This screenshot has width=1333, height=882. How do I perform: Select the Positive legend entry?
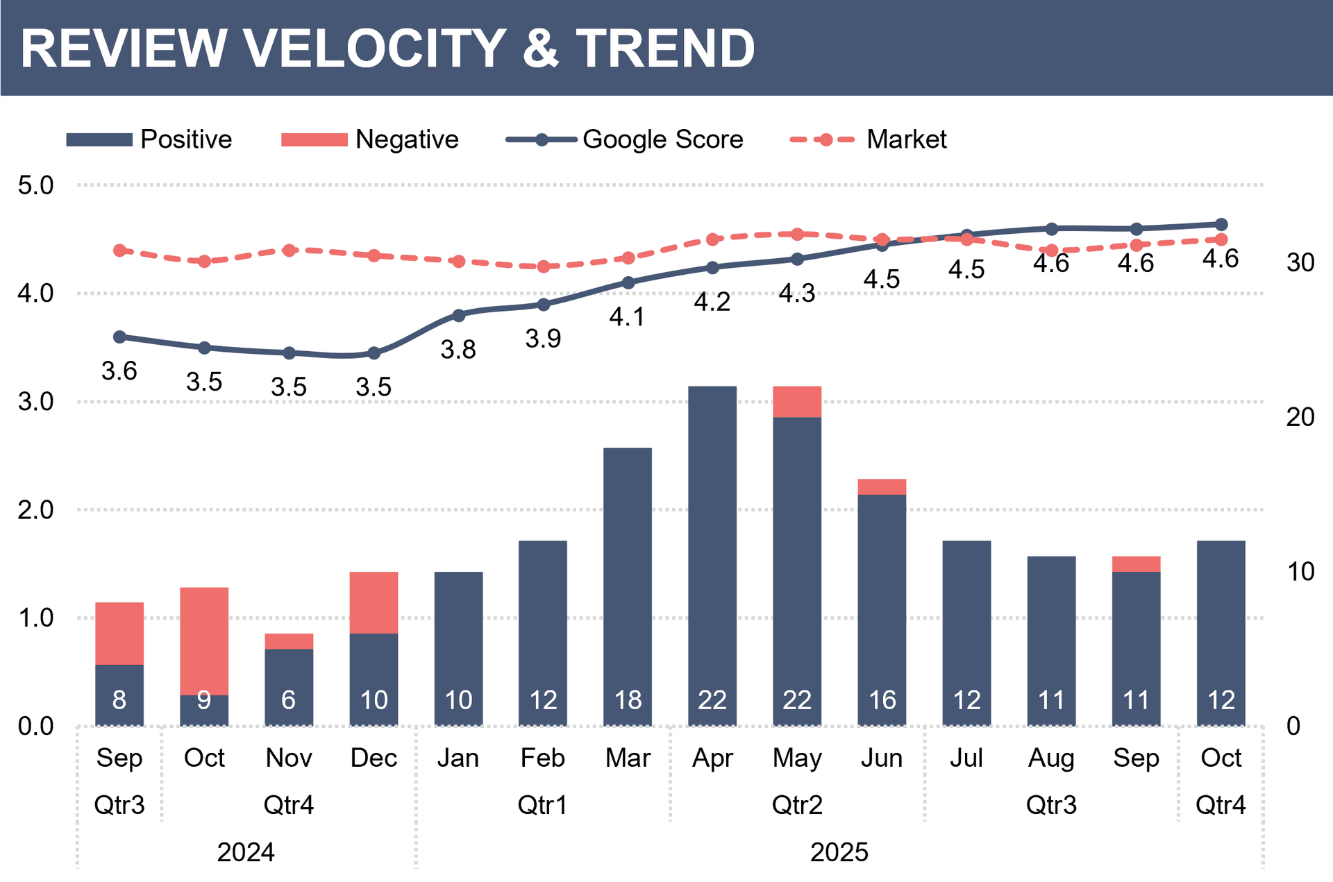tap(185, 139)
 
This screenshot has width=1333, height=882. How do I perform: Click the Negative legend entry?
tap(406, 139)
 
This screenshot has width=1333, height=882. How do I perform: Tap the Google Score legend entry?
tap(662, 139)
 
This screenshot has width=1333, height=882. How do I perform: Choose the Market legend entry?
tap(906, 139)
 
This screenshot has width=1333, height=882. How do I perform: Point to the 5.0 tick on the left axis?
tap(35, 185)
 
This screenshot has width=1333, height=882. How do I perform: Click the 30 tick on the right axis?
tap(1300, 262)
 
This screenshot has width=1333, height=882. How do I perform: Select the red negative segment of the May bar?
tap(797, 402)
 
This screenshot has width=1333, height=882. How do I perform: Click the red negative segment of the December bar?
tap(374, 602)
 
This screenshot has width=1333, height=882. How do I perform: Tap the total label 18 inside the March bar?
tap(628, 700)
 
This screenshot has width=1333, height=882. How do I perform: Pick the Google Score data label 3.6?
tap(119, 371)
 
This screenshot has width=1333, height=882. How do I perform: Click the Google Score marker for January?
tap(458, 316)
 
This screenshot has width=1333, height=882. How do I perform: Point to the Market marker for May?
tap(797, 235)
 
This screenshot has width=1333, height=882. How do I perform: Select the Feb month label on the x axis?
tap(543, 758)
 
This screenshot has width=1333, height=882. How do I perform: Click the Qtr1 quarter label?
tap(543, 805)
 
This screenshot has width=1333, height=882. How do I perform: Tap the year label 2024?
tap(246, 852)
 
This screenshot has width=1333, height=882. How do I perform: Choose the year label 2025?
tap(839, 852)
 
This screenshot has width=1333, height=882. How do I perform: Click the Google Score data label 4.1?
tap(627, 317)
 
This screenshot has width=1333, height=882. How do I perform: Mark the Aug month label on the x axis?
tap(1051, 758)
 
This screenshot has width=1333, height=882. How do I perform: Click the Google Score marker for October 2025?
tap(1221, 224)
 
